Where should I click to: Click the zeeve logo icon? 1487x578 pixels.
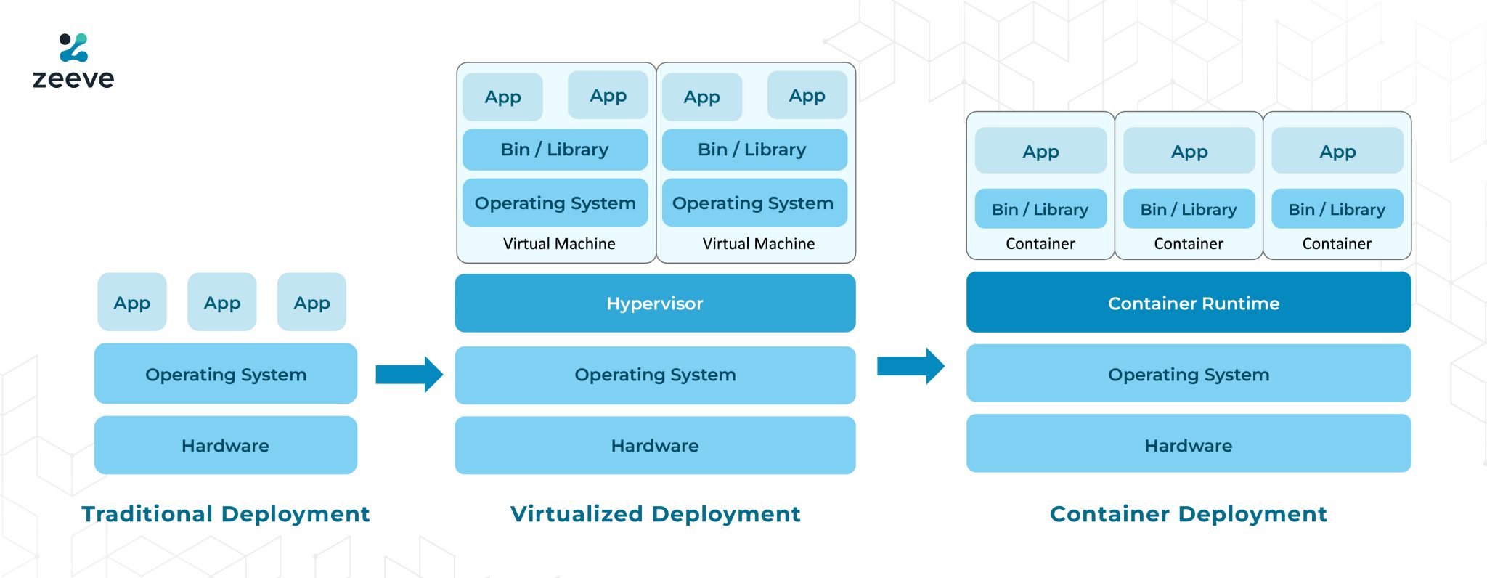pos(73,48)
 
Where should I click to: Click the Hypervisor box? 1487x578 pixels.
pos(655,303)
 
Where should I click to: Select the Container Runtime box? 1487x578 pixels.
pos(1188,303)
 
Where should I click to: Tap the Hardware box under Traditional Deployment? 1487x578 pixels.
pos(225,445)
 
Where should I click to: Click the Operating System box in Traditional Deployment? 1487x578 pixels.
pos(225,374)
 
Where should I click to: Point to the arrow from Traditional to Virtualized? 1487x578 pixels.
pos(409,374)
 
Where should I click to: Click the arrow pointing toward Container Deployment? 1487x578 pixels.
pos(910,366)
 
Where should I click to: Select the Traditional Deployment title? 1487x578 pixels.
pos(225,513)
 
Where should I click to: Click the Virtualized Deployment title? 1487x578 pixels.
pos(655,513)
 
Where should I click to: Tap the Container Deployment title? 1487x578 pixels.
pos(1188,513)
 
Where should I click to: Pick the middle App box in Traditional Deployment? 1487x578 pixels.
pos(221,302)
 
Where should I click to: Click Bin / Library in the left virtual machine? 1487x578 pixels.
pos(555,150)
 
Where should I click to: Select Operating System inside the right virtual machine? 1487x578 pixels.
pos(754,203)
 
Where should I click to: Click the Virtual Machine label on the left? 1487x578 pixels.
pos(559,244)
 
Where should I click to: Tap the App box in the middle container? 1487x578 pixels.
pos(1189,151)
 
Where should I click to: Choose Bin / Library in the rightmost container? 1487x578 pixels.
pos(1337,209)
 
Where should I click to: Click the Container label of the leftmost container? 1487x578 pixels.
pos(1040,244)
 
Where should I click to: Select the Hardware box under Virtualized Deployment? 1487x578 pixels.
pos(655,445)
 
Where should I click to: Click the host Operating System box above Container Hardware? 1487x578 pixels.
pos(1188,374)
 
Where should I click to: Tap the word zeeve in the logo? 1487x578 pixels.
pos(73,78)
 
